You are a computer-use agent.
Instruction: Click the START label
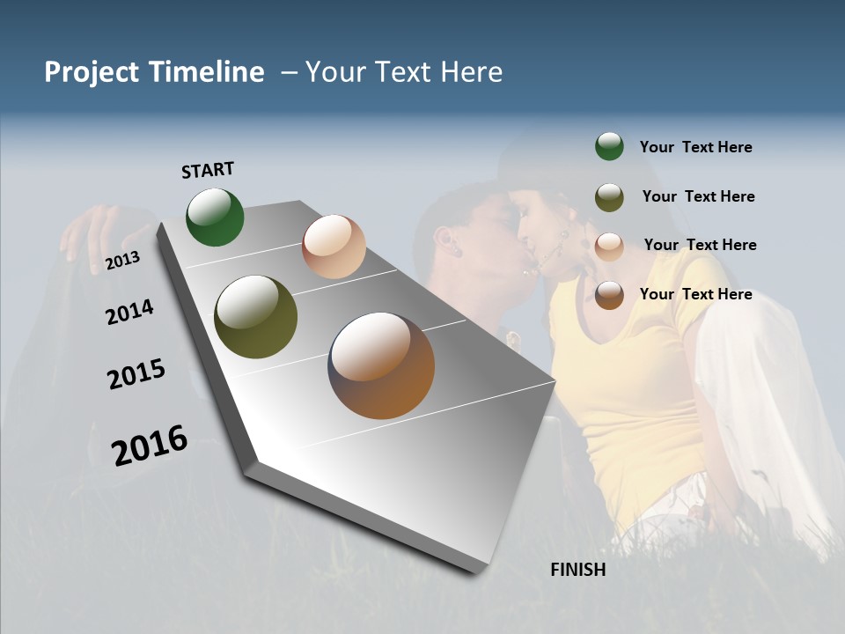click(208, 170)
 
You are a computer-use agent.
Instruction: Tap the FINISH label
click(577, 570)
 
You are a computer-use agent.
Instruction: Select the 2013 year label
click(122, 260)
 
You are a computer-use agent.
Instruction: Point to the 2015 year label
click(136, 374)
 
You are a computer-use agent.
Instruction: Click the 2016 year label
click(150, 445)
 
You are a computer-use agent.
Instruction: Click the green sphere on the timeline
click(216, 217)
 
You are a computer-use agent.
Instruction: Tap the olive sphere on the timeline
click(256, 317)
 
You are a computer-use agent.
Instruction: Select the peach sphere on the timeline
click(334, 247)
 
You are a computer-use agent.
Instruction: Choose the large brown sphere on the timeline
click(381, 365)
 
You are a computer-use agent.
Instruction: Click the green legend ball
click(609, 147)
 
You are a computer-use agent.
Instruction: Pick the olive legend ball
click(609, 197)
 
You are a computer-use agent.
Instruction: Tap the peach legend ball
click(609, 247)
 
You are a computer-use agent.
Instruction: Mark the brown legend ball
click(609, 295)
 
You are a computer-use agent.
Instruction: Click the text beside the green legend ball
click(695, 147)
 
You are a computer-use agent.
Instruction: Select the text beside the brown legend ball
click(695, 294)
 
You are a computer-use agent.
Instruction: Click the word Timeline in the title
click(207, 72)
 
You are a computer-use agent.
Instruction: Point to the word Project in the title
click(91, 72)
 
